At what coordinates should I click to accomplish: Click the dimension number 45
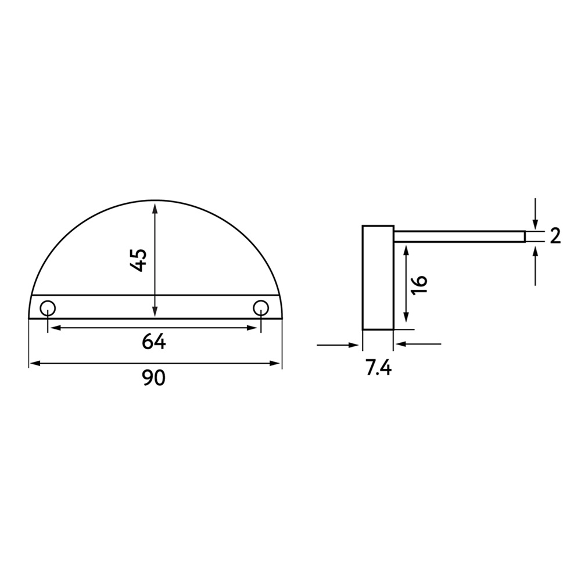coord(138,260)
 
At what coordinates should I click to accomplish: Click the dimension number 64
coord(154,343)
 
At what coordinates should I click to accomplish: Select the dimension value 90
coord(154,378)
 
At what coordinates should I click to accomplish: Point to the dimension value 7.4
coord(378,368)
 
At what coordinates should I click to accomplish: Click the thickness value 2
coord(554,236)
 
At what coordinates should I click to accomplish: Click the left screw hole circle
coord(47,307)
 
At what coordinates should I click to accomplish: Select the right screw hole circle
coord(261,307)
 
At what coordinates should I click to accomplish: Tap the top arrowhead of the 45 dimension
coord(155,206)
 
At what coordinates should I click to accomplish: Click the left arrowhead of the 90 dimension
coord(34,364)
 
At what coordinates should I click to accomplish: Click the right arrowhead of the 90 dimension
coord(276,364)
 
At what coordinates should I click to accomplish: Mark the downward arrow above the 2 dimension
coord(535,224)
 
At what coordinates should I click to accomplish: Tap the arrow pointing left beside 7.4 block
coord(401,345)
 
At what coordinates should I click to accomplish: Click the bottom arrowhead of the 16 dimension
coord(406,320)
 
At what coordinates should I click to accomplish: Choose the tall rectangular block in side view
coord(378,277)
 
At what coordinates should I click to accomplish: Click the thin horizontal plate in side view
coord(459,236)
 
